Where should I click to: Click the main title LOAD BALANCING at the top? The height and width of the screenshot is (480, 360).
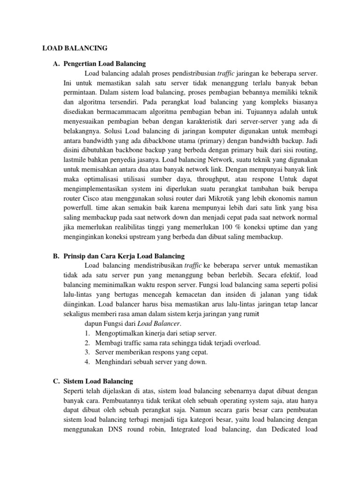[x=75, y=48]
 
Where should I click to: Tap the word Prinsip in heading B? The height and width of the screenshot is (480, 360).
[x=74, y=256]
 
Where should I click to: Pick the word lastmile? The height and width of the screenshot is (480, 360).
[x=76, y=160]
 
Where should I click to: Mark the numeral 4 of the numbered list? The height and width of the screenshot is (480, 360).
[x=87, y=362]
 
